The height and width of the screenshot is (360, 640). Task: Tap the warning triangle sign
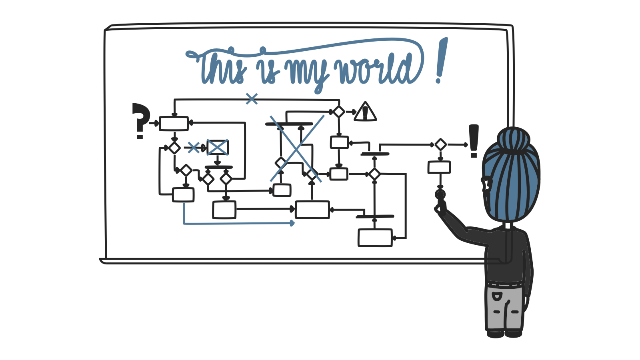pos(365,112)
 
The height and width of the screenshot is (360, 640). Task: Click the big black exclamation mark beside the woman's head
pos(474,141)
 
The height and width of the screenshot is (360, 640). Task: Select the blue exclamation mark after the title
pos(441,60)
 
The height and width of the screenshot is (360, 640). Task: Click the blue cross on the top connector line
pos(252,99)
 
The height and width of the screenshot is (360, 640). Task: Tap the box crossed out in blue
pos(218,148)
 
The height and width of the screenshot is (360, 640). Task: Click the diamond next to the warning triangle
pos(339,112)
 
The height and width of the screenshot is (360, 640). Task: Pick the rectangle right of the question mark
pos(174,124)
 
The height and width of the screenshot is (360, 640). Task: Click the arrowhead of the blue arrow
pos(292,223)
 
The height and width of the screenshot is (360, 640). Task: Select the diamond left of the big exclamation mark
pos(440,145)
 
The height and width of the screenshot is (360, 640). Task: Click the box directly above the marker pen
pos(439,168)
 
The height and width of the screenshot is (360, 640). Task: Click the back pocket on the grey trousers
pos(496,296)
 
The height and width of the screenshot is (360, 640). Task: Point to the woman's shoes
pos(504,334)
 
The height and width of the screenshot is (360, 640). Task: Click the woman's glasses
pos(486,183)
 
